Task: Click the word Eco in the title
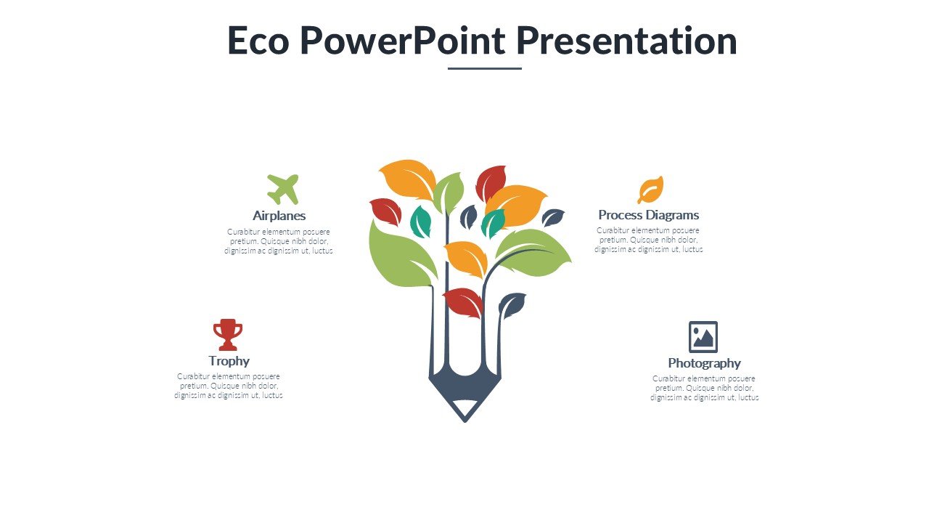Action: coord(258,41)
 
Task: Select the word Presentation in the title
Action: coord(626,41)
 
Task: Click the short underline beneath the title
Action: coord(484,68)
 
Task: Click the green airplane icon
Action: coord(282,189)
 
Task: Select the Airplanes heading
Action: coord(279,216)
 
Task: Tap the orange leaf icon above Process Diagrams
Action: coord(650,190)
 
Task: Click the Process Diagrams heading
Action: coord(648,215)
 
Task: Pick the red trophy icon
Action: coord(227,334)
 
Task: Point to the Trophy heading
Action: coord(229,361)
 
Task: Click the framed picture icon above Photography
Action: coord(703,337)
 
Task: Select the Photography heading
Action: coord(704,363)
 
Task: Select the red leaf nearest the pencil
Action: coord(463,301)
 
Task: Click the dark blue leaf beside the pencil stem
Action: coord(512,305)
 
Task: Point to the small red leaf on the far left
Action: coord(385,211)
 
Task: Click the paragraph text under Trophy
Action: coord(229,386)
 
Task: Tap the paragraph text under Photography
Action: coord(704,388)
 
